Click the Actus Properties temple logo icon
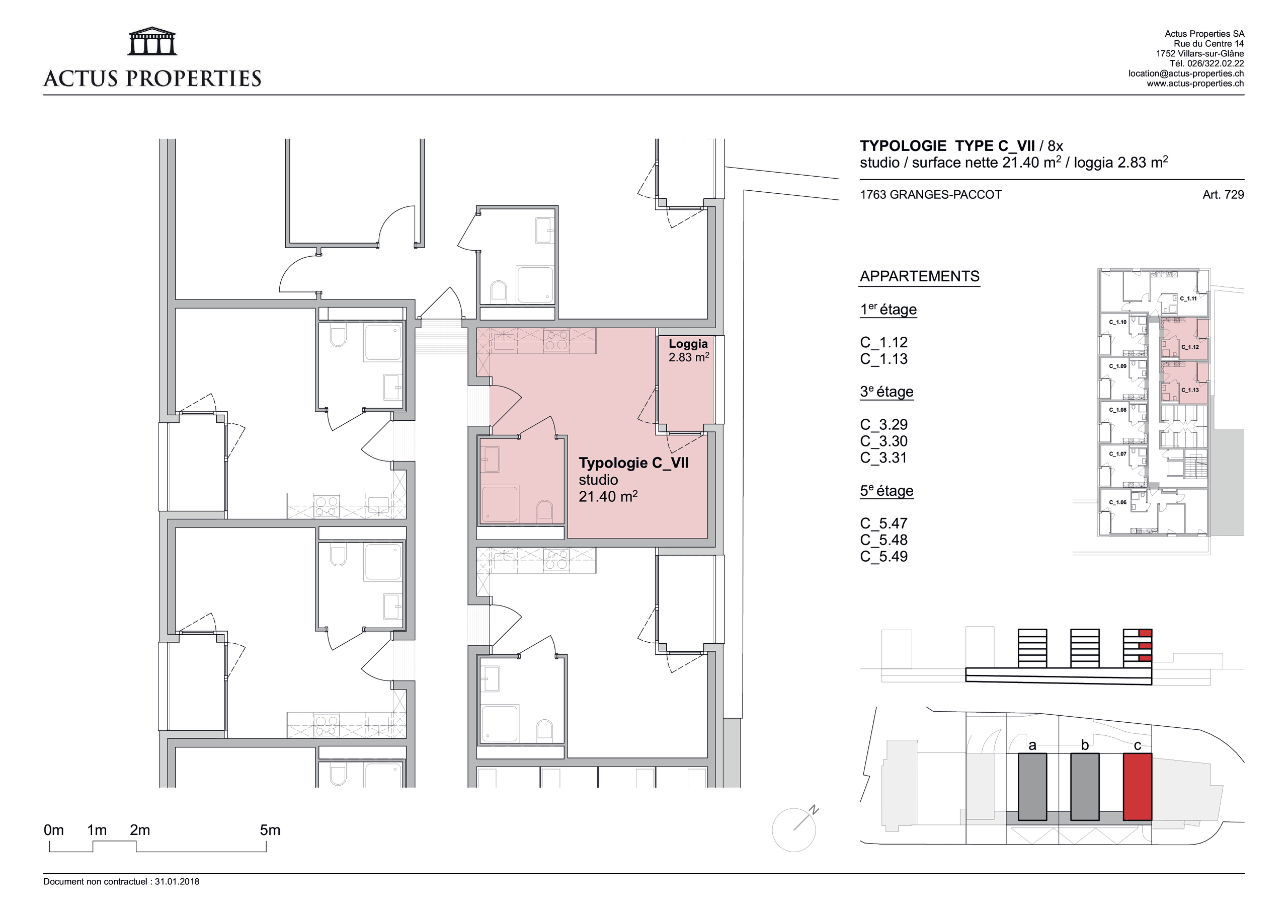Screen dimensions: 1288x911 (152, 41)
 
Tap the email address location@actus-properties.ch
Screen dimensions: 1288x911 (1186, 73)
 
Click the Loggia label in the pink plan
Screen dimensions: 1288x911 (688, 344)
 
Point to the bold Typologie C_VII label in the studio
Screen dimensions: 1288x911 (633, 463)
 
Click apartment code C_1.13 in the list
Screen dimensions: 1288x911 (883, 359)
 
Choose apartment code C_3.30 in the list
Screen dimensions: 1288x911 (883, 441)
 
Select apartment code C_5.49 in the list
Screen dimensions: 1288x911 (883, 556)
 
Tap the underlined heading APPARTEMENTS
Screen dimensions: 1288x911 (919, 276)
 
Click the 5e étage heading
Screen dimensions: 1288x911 (887, 491)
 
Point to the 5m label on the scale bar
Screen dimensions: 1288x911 (270, 830)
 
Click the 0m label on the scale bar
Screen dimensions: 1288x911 (54, 830)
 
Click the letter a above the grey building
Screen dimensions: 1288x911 (1032, 745)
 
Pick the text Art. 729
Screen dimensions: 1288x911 (1223, 195)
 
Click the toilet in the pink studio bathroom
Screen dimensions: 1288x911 (544, 511)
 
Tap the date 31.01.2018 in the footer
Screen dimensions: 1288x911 (177, 882)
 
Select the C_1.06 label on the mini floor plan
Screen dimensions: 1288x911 (1117, 502)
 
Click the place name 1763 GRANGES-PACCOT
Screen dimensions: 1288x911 (931, 195)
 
